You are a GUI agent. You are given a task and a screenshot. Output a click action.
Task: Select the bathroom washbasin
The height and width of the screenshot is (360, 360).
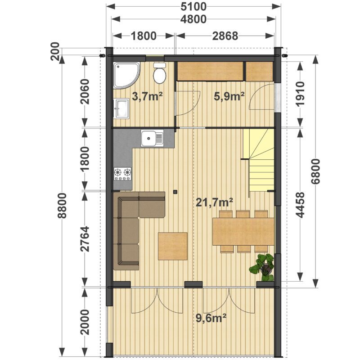click(x=121, y=108)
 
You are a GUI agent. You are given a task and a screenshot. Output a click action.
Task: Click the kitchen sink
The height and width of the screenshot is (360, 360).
click(x=152, y=138)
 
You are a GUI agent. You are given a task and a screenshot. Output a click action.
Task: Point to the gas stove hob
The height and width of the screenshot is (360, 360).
click(x=122, y=174)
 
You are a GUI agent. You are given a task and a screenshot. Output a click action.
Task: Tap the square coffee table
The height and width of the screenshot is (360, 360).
click(x=173, y=246)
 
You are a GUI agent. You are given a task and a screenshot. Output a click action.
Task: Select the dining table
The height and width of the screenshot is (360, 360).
click(x=243, y=232)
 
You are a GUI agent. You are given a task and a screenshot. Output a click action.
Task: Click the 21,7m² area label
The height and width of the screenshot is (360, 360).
click(x=214, y=202)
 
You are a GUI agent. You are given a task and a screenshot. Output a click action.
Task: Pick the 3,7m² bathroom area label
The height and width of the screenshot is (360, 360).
click(x=148, y=96)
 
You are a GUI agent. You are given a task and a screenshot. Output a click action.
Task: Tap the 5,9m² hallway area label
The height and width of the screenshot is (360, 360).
click(x=229, y=96)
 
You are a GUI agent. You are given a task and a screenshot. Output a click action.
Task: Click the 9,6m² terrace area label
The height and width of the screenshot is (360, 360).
click(x=211, y=318)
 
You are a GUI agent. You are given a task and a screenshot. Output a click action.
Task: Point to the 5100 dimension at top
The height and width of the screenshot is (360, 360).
click(x=193, y=7)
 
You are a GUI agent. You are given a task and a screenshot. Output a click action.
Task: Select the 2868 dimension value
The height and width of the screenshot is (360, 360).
click(x=225, y=36)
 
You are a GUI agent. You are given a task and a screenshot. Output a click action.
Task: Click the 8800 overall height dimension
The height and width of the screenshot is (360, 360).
click(x=62, y=206)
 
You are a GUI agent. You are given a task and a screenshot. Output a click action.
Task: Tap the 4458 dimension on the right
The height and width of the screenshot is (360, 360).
click(x=300, y=205)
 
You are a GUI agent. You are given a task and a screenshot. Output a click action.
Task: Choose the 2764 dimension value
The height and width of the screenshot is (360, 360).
click(x=85, y=239)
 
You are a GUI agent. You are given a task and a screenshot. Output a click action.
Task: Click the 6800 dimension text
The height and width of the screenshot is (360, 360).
click(x=315, y=171)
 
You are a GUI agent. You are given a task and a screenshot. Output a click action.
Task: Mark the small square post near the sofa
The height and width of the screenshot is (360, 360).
click(x=175, y=191)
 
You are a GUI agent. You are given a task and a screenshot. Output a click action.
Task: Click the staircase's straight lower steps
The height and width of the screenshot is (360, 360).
click(x=262, y=175)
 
